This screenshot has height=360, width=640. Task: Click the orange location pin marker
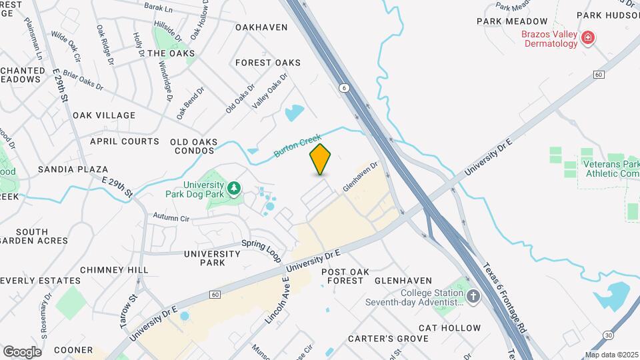(320, 159)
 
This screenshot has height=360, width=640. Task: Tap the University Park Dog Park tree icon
(233, 189)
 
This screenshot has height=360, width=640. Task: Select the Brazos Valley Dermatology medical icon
(588, 38)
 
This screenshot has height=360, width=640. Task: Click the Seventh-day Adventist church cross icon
(473, 296)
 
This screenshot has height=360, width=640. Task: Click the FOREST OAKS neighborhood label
(268, 63)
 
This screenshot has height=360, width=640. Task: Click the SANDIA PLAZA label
(73, 169)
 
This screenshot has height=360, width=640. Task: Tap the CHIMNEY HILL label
(114, 269)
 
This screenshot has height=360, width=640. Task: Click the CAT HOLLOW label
(449, 328)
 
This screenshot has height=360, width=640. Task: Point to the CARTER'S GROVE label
(388, 339)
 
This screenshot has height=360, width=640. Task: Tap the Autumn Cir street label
(171, 217)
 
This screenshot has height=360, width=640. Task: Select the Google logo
(22, 351)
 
